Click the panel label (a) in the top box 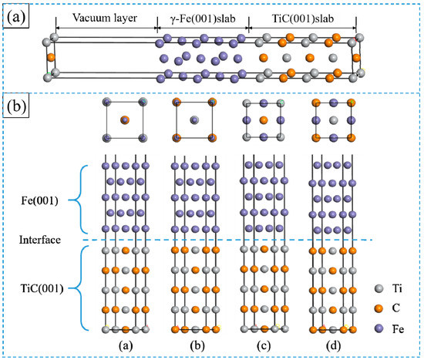tap(15, 15)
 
